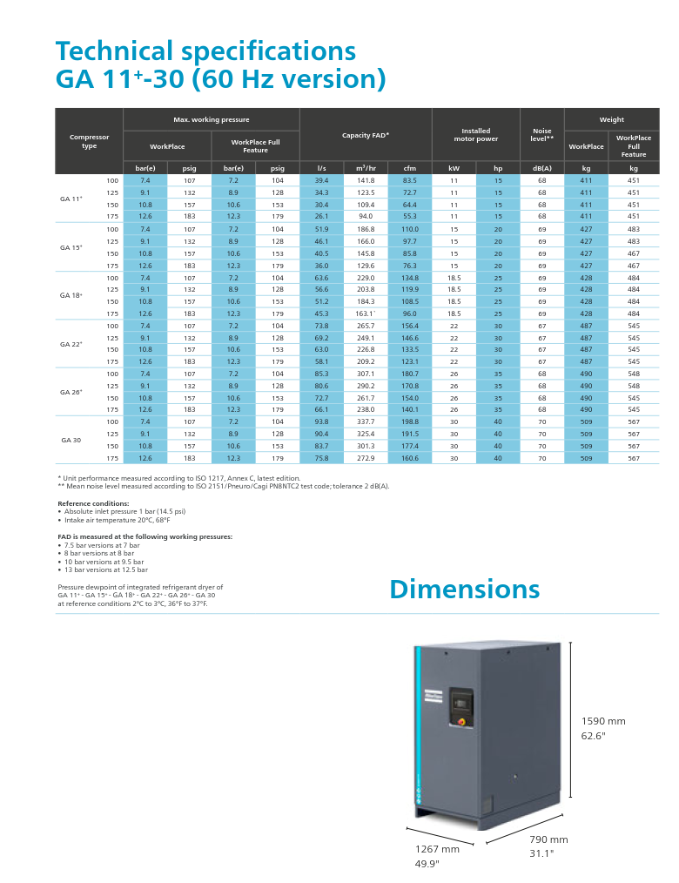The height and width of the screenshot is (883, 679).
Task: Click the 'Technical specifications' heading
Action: pos(205,50)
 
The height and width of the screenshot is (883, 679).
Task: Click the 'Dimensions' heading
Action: pos(464,589)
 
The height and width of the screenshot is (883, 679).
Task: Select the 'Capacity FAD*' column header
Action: pos(366,135)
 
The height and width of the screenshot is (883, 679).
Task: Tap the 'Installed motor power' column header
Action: pos(475,135)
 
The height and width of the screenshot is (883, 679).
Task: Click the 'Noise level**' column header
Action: pos(542,135)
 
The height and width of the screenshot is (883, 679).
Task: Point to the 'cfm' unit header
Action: pos(409,168)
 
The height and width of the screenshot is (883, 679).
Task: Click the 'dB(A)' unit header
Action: pos(542,168)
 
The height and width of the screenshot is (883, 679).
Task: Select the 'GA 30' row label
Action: pos(71,440)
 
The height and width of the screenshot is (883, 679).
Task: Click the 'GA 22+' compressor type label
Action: pos(71,344)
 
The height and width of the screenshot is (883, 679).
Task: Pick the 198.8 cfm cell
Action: pos(409,421)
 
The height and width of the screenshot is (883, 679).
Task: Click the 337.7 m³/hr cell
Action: pos(366,421)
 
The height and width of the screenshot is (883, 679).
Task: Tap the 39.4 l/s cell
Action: pos(321,180)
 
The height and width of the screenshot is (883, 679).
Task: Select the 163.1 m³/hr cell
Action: pos(366,313)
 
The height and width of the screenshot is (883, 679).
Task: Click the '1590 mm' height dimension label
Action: pos(603,721)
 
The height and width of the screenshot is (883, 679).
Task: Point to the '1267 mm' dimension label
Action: pos(437,849)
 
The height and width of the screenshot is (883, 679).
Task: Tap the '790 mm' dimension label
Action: pos(548,839)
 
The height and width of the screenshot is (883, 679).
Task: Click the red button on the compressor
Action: pos(460,722)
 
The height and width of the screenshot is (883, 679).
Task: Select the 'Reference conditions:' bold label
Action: pos(93,503)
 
